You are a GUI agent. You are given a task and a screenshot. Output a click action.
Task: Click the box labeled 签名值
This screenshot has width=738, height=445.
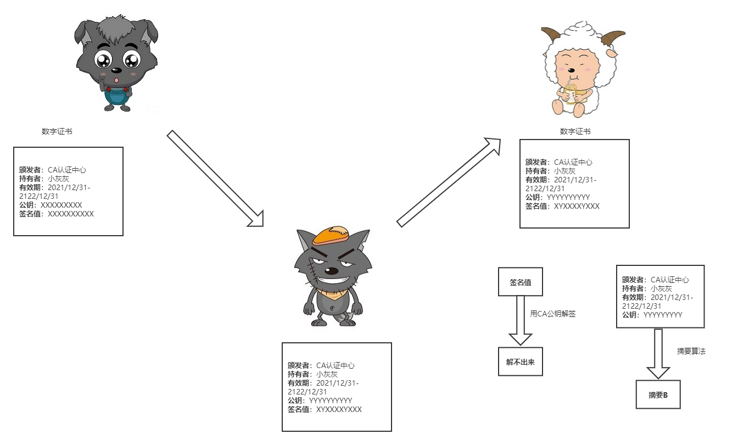[520, 282]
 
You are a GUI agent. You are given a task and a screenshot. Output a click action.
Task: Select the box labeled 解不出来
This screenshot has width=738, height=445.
[520, 361]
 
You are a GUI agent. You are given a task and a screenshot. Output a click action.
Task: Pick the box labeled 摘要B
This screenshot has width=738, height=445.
[658, 394]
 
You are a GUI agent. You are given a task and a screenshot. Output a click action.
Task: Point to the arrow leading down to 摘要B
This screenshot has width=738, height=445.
[658, 354]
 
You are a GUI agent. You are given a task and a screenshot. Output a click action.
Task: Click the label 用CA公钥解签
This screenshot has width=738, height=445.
[552, 314]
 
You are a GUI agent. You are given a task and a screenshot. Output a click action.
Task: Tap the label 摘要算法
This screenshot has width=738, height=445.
[691, 351]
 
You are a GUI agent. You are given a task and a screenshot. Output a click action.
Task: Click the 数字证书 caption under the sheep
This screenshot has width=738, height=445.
[575, 131]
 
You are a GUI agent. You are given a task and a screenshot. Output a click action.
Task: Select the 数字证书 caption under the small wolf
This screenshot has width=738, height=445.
[57, 131]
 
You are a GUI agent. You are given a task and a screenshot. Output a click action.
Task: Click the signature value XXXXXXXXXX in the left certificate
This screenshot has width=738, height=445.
[71, 214]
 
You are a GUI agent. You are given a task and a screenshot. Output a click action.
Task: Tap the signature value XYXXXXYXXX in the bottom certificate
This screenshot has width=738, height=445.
[339, 409]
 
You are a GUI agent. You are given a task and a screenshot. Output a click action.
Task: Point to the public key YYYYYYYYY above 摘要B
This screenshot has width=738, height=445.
[662, 315]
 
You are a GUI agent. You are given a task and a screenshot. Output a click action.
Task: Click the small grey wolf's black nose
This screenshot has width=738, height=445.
[116, 70]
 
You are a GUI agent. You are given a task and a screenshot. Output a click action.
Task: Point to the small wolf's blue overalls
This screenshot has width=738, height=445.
[116, 96]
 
